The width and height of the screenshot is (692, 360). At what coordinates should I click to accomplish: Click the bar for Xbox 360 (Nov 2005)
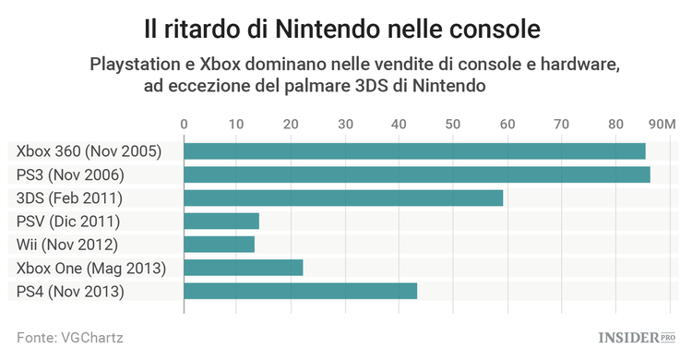pyautogui.click(x=414, y=151)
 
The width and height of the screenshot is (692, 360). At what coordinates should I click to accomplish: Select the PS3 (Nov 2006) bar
pyautogui.click(x=417, y=174)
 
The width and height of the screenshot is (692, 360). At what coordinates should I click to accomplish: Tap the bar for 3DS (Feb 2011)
pyautogui.click(x=343, y=198)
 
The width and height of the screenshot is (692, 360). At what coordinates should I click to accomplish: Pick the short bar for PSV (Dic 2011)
pyautogui.click(x=221, y=221)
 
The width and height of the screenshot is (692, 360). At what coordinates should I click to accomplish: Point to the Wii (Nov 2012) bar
pyautogui.click(x=220, y=245)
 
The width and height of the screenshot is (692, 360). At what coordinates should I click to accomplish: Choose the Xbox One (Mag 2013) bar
pyautogui.click(x=244, y=268)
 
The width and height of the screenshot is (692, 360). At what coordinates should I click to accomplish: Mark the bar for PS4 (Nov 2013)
pyautogui.click(x=301, y=292)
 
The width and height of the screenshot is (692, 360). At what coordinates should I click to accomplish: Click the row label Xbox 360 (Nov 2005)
pyautogui.click(x=89, y=151)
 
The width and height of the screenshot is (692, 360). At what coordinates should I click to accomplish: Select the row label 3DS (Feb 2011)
pyautogui.click(x=70, y=198)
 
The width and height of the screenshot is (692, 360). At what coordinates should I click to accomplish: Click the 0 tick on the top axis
pyautogui.click(x=185, y=124)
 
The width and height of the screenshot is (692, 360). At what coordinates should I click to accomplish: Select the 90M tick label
pyautogui.click(x=662, y=124)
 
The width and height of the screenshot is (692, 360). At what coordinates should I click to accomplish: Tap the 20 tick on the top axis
pyautogui.click(x=292, y=124)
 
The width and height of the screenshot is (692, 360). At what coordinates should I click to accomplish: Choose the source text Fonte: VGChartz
pyautogui.click(x=70, y=338)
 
